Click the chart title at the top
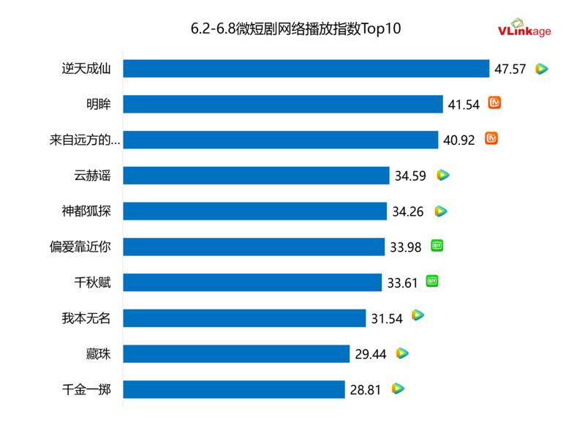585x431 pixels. pos(296,29)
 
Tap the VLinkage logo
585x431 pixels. pos(524,29)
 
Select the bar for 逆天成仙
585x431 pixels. pos(306,69)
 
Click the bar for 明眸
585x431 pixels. pos(283,104)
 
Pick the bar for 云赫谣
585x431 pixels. pos(256,176)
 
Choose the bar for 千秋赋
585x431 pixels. pos(252,282)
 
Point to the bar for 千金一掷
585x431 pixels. pos(234,389)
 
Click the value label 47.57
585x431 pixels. pos(510,69)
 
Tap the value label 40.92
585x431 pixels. pos(459,140)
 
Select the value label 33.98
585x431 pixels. pos(406,247)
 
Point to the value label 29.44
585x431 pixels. pos(370,354)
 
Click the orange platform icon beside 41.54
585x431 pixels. pos(495,103)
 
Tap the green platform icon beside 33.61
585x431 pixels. pos(432,282)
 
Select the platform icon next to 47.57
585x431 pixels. pos(541,69)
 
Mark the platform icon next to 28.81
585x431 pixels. pos(398,389)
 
